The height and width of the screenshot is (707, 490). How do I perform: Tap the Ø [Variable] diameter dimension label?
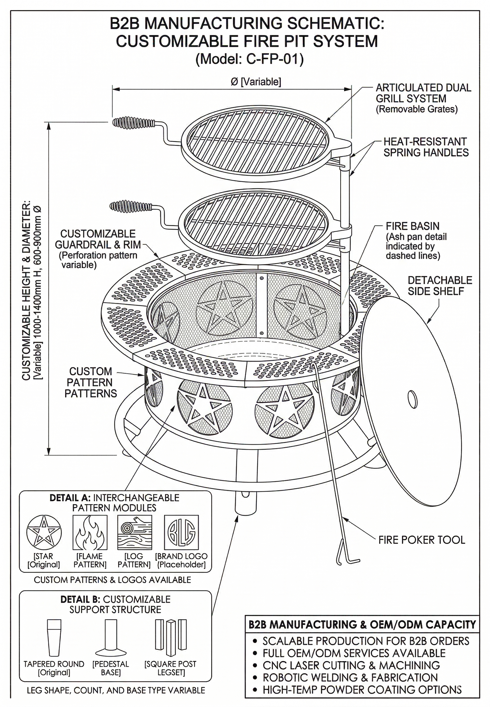click(256, 82)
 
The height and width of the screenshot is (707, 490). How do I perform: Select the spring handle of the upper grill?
click(133, 123)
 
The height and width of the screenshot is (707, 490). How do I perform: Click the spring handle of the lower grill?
click(130, 207)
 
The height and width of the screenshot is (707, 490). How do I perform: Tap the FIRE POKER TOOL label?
click(421, 540)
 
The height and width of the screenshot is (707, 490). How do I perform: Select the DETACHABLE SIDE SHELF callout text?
click(440, 285)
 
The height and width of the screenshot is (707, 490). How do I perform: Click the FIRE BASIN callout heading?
click(412, 226)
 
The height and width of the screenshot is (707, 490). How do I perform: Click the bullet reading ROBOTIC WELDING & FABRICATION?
click(350, 677)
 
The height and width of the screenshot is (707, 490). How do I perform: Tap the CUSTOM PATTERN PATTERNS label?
click(91, 382)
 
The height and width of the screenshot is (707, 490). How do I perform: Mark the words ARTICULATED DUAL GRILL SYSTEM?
click(423, 93)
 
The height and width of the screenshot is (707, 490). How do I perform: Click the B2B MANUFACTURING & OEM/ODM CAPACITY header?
click(362, 625)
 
